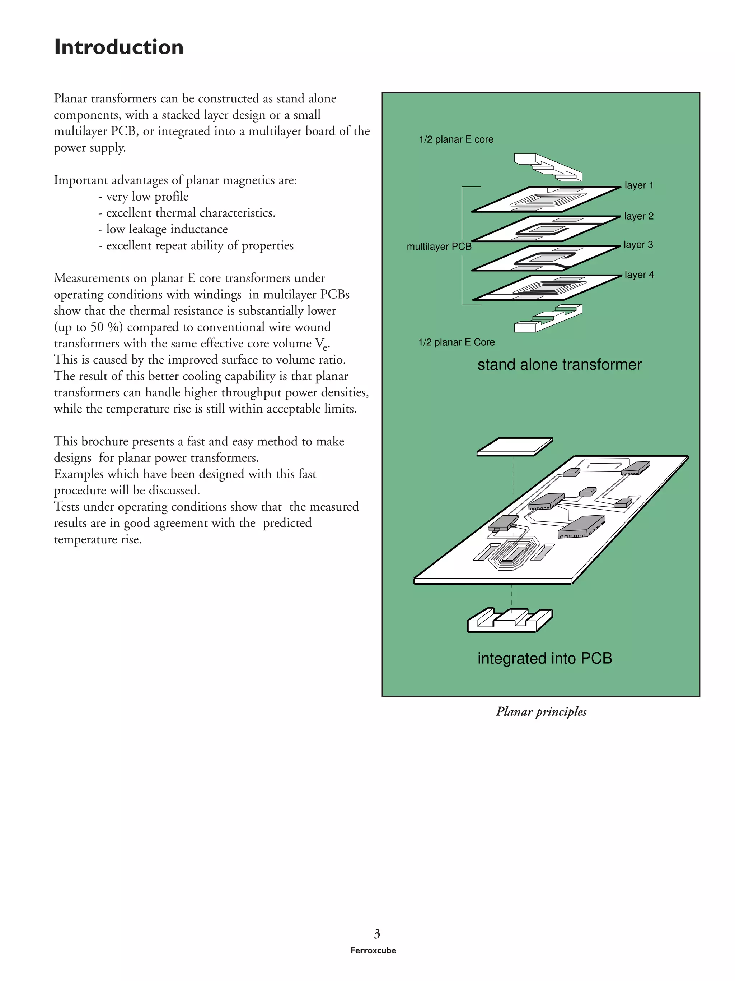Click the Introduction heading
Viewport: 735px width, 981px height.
(x=118, y=47)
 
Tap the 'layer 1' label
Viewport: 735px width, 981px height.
(x=638, y=185)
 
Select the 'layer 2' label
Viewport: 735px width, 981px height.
(x=638, y=216)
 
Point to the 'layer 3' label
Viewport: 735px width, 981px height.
(x=638, y=245)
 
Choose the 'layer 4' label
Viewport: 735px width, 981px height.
(x=639, y=275)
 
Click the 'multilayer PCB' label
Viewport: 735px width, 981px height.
(x=439, y=247)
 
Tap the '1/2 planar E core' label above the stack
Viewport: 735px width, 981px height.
(x=456, y=139)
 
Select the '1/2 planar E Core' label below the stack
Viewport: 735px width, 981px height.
(x=456, y=342)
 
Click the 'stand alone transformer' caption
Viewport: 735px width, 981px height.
(x=559, y=364)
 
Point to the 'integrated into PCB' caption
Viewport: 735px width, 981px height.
(x=544, y=658)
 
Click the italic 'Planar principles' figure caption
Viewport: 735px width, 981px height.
(x=541, y=712)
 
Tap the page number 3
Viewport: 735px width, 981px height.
(x=376, y=934)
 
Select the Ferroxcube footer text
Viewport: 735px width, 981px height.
(x=373, y=950)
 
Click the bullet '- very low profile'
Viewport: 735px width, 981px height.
(x=143, y=197)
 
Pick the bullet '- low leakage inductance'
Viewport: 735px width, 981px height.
(x=163, y=229)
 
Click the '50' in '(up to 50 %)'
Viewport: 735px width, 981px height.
(x=97, y=327)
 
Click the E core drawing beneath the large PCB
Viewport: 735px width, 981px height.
(x=510, y=620)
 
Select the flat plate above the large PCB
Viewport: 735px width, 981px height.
(x=514, y=447)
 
